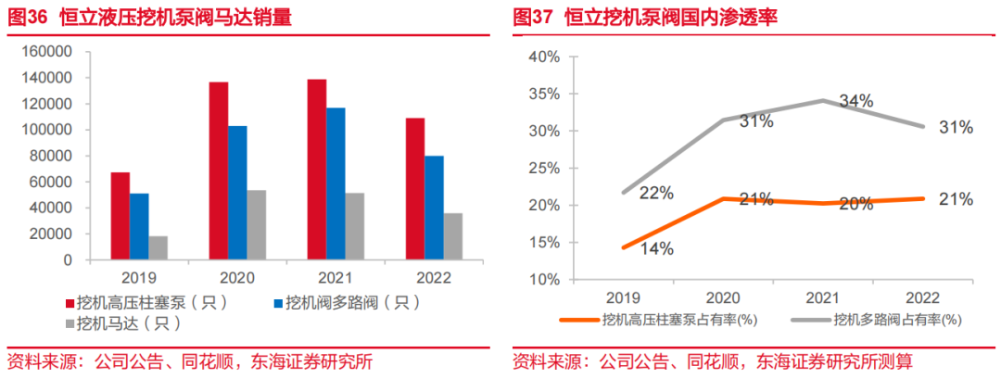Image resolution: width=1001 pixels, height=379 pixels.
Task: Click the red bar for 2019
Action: (120, 216)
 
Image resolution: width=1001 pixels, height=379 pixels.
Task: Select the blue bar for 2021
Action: (335, 183)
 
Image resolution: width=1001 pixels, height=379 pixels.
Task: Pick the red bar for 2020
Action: (219, 171)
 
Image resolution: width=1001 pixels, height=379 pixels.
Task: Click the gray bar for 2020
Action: (257, 225)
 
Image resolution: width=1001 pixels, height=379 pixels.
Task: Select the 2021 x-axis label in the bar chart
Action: (335, 277)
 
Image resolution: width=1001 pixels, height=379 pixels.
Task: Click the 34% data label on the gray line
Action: (855, 100)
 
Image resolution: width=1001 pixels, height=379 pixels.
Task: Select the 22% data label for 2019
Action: (654, 193)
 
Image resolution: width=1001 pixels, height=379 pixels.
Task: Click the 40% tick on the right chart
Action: (544, 57)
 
